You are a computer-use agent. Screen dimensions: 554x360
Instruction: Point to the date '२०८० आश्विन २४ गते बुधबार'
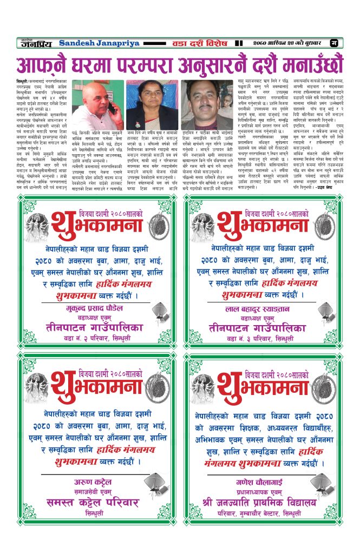(x=290, y=43)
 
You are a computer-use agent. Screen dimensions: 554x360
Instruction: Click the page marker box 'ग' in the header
(x=334, y=43)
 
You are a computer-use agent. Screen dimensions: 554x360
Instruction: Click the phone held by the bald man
(x=112, y=105)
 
